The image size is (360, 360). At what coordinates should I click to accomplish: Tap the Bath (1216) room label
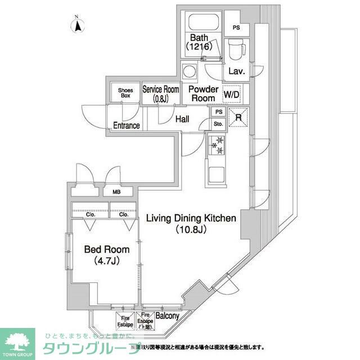click(x=201, y=43)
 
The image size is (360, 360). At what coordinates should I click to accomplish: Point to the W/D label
click(x=231, y=94)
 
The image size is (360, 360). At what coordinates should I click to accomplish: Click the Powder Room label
click(x=202, y=93)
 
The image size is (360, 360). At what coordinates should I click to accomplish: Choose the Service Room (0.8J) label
click(x=161, y=93)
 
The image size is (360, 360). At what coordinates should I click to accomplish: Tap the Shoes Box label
click(x=124, y=93)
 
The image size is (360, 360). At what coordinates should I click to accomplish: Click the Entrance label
click(x=127, y=125)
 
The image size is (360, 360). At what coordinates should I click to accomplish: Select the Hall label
click(x=182, y=119)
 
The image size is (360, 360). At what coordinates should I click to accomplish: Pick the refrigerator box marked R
click(x=238, y=118)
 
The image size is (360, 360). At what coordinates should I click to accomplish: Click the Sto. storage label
click(x=218, y=124)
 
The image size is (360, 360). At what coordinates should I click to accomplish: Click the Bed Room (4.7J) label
click(x=107, y=254)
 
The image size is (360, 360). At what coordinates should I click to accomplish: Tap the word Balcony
click(x=167, y=316)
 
